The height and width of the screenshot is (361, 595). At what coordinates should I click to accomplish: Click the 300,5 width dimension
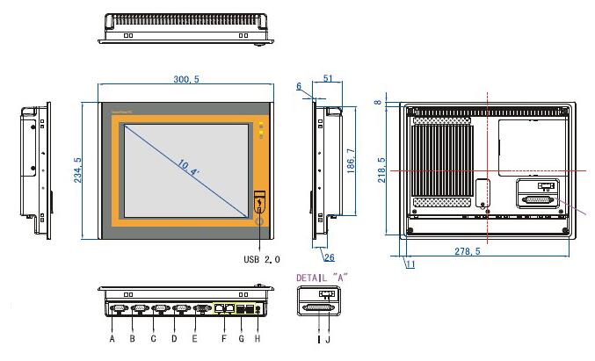pyautogui.click(x=186, y=79)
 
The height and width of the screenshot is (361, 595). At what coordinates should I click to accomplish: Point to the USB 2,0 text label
pyautogui.click(x=262, y=260)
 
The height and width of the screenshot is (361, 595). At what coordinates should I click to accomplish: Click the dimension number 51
pyautogui.click(x=327, y=78)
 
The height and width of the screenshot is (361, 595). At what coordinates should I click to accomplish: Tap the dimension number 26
pyautogui.click(x=329, y=257)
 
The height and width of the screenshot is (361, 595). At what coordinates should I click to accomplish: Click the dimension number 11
pyautogui.click(x=410, y=264)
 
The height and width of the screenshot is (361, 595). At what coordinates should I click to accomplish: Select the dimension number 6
pyautogui.click(x=299, y=87)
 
